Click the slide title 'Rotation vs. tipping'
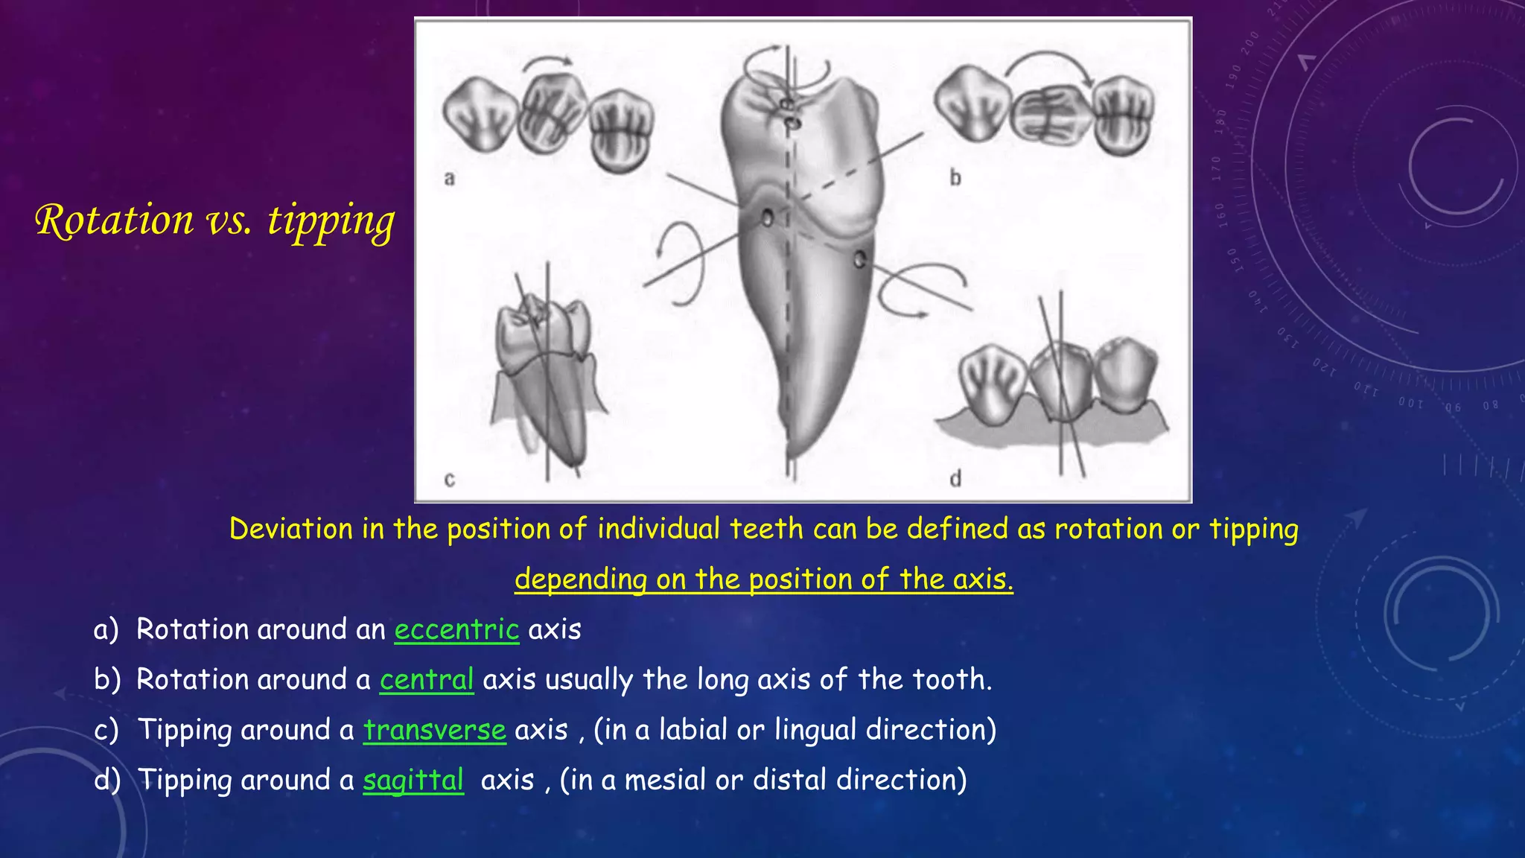[214, 220]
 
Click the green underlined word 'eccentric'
[456, 630]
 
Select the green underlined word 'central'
[427, 680]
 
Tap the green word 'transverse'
[435, 730]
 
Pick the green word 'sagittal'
[413, 780]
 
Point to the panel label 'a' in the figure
[449, 178]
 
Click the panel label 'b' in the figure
[955, 178]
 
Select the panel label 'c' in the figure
[449, 480]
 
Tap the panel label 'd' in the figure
[955, 478]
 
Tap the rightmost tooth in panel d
[1126, 380]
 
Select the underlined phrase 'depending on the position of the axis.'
[764, 579]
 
